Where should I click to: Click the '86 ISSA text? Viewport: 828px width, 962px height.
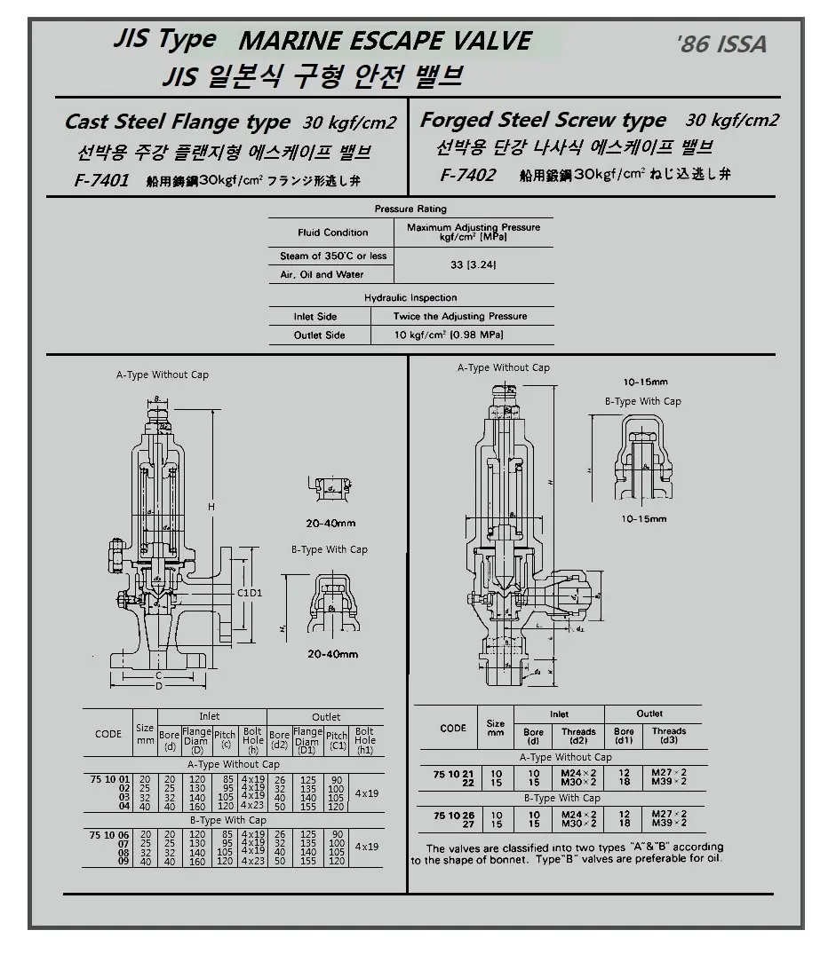pyautogui.click(x=721, y=44)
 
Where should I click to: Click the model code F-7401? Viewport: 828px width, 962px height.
pyautogui.click(x=102, y=181)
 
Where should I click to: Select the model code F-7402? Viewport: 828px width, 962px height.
pyautogui.click(x=467, y=175)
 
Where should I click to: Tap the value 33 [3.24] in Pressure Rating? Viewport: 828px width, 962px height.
pyautogui.click(x=473, y=264)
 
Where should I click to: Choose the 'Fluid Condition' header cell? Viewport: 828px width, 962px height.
pyautogui.click(x=332, y=233)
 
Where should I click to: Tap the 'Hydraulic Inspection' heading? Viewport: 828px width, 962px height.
pyautogui.click(x=410, y=298)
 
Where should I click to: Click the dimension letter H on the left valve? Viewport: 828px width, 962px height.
pyautogui.click(x=211, y=507)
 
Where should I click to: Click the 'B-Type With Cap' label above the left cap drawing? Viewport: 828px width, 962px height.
pyautogui.click(x=330, y=549)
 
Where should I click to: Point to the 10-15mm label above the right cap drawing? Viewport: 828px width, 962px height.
pyautogui.click(x=646, y=382)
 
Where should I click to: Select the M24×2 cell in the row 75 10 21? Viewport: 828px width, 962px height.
pyautogui.click(x=578, y=773)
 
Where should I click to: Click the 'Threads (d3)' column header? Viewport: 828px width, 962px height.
pyautogui.click(x=669, y=737)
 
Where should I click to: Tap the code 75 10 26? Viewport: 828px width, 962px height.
pyautogui.click(x=452, y=814)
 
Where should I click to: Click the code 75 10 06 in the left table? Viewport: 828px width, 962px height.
pyautogui.click(x=107, y=834)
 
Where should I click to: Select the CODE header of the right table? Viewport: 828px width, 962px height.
pyautogui.click(x=453, y=728)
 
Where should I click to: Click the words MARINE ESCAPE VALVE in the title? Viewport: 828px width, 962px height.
pyautogui.click(x=386, y=41)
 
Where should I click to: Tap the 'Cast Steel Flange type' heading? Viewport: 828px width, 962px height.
pyautogui.click(x=178, y=122)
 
